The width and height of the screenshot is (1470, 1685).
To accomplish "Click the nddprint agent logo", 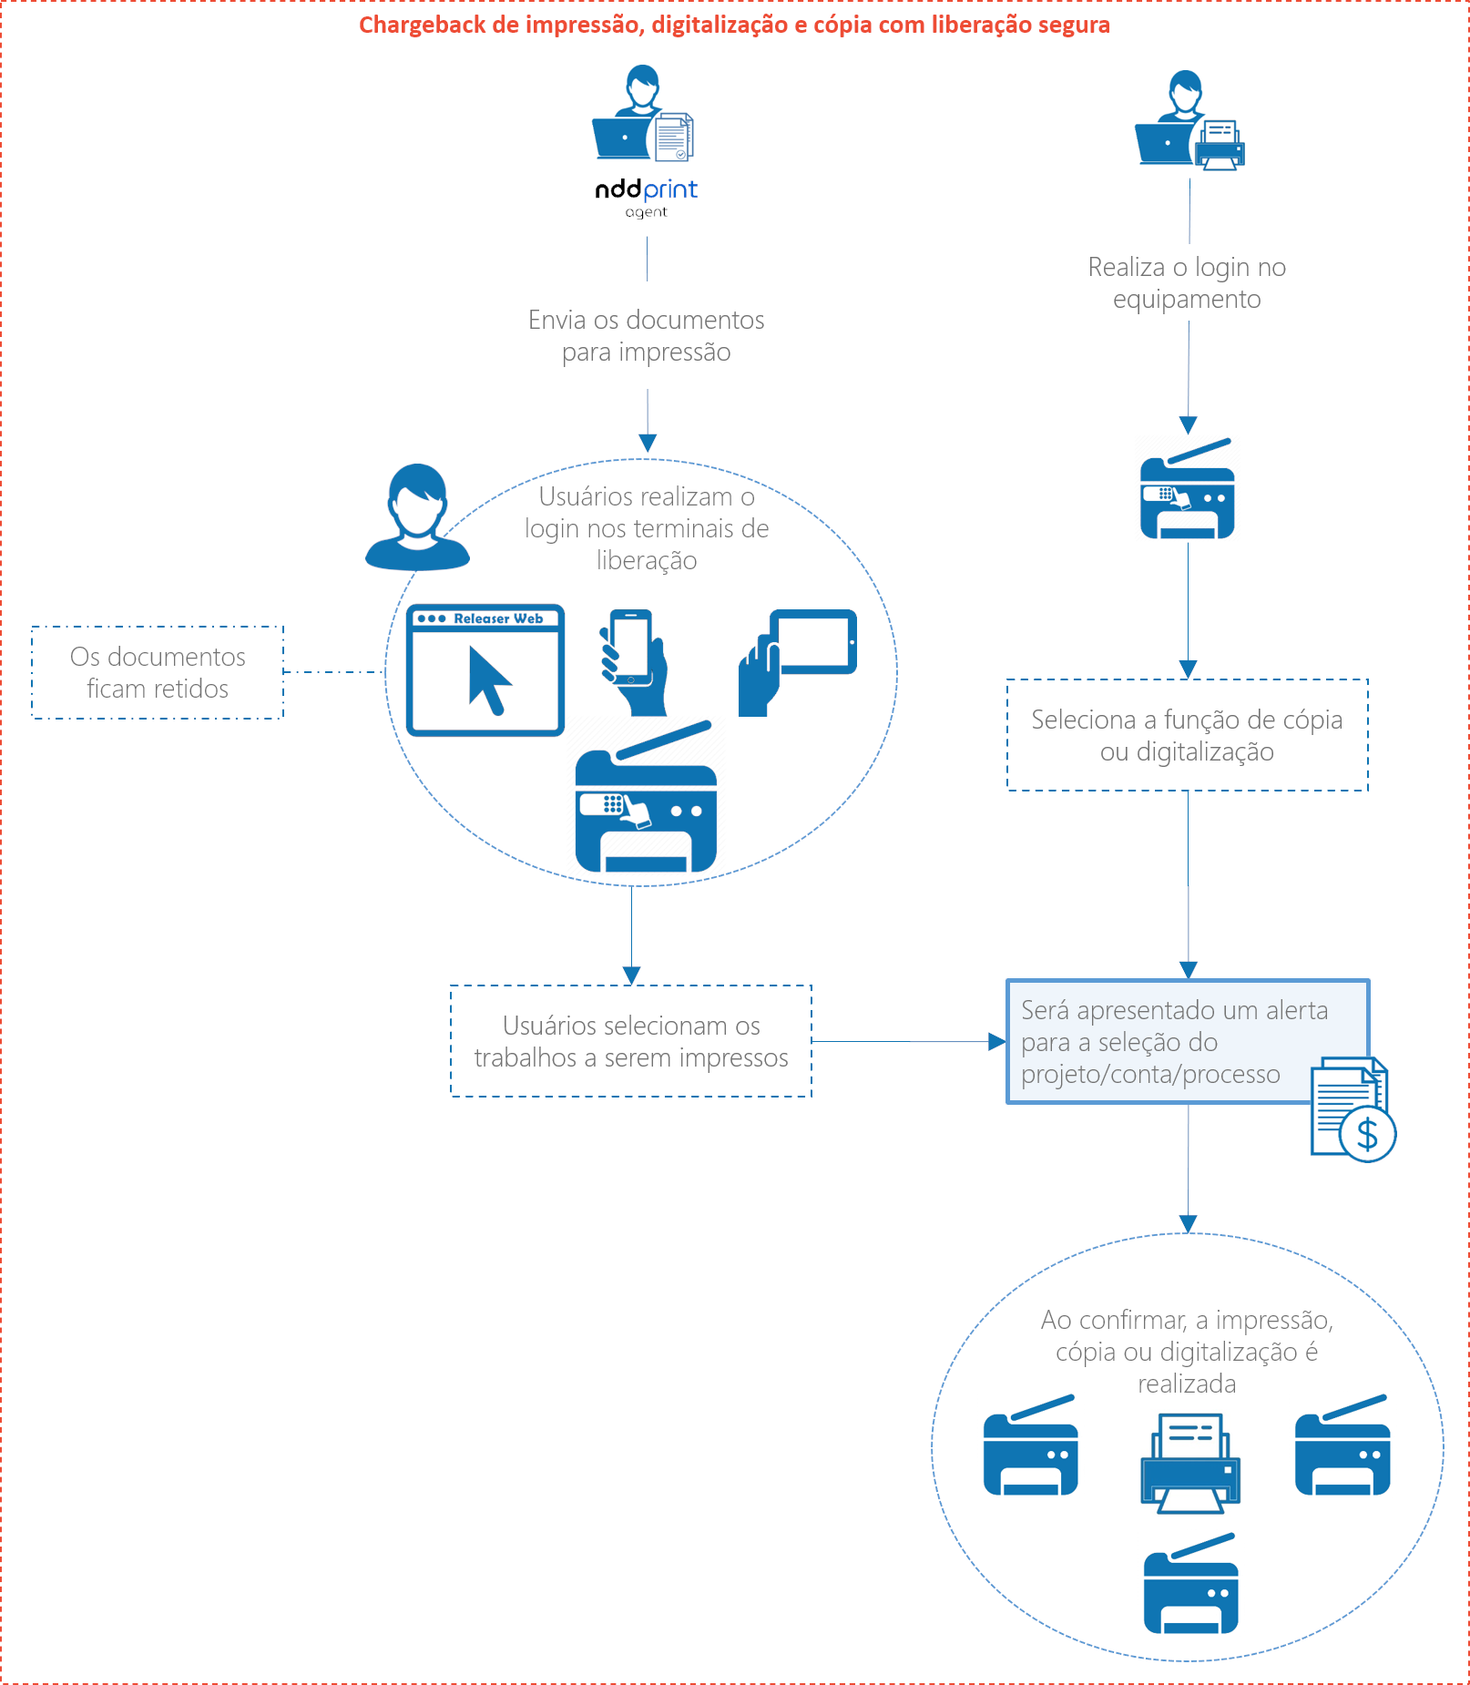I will (x=646, y=196).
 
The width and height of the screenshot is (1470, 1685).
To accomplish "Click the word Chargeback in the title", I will (x=423, y=25).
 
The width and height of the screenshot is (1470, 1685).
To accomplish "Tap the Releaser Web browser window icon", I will (x=485, y=669).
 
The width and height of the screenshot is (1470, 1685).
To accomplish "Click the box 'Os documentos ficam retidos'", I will (x=158, y=672).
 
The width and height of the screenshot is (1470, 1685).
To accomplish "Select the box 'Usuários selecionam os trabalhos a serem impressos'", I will (x=631, y=1041).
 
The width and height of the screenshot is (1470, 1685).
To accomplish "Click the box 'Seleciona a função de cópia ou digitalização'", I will (x=1187, y=735).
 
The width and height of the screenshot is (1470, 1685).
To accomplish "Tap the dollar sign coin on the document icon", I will (x=1367, y=1134).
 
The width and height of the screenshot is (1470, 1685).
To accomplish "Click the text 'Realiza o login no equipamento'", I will (x=1187, y=282).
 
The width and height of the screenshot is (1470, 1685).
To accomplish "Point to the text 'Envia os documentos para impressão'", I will (x=647, y=335).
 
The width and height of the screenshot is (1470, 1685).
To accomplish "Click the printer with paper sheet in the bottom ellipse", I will (x=1190, y=1463).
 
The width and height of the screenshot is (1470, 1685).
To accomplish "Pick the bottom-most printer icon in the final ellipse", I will (x=1190, y=1585).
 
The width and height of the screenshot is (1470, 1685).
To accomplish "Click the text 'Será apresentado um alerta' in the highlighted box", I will (x=1174, y=1010).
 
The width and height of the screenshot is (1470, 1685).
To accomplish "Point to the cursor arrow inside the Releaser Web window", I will (x=488, y=679).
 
